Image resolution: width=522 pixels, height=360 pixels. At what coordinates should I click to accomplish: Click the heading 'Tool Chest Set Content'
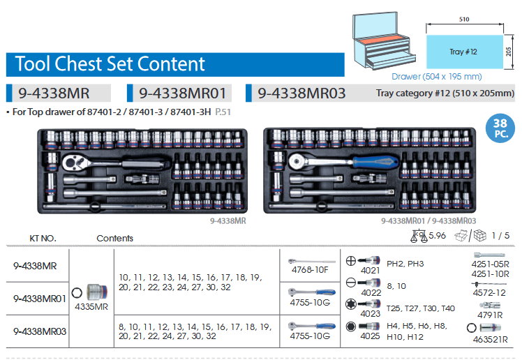(x=111, y=65)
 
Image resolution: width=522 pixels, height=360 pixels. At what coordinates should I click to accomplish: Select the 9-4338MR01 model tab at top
(x=183, y=93)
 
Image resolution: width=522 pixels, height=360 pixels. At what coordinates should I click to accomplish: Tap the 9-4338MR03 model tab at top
(x=301, y=93)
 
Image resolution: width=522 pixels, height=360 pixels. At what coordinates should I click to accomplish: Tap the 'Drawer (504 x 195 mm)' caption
(x=437, y=76)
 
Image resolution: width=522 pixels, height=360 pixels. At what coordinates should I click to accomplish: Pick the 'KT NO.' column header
(x=43, y=238)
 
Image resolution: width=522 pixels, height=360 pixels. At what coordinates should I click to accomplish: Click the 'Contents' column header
(x=114, y=238)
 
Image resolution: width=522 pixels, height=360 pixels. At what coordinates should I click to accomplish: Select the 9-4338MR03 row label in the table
(x=40, y=331)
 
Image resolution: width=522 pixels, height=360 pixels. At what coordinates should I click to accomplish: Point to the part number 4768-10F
(x=311, y=270)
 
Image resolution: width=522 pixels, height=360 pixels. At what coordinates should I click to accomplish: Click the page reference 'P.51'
(x=224, y=112)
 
